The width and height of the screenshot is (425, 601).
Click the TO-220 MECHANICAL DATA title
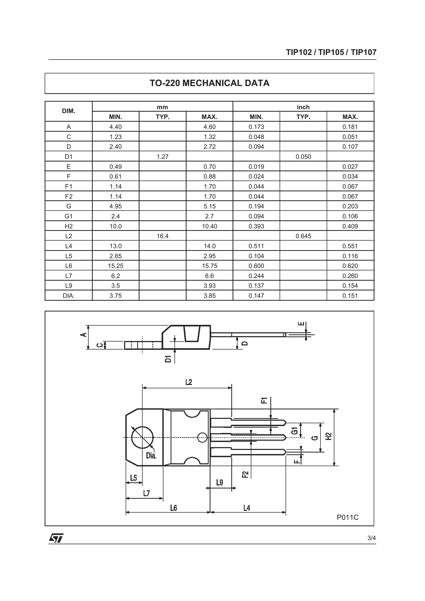tap(209, 83)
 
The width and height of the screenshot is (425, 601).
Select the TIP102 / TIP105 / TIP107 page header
tap(331, 52)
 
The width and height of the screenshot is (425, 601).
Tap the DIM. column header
tap(69, 111)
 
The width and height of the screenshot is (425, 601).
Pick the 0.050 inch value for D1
tap(303, 157)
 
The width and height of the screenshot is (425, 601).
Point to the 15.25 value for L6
tap(115, 266)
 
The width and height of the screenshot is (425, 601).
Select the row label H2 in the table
tap(69, 226)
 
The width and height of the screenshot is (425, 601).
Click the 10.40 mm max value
tap(209, 226)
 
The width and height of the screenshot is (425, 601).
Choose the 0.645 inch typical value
tap(303, 236)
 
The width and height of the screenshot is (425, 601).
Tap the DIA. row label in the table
tap(69, 296)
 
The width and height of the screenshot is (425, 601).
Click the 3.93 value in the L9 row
tap(209, 286)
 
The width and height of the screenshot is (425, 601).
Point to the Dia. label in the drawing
tap(151, 456)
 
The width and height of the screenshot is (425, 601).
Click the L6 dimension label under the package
tap(173, 508)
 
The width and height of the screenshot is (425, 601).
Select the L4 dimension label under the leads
tap(247, 508)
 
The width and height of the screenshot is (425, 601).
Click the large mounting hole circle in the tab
tap(142, 437)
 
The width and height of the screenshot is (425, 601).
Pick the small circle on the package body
tap(202, 437)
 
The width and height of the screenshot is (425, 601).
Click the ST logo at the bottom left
tap(56, 538)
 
